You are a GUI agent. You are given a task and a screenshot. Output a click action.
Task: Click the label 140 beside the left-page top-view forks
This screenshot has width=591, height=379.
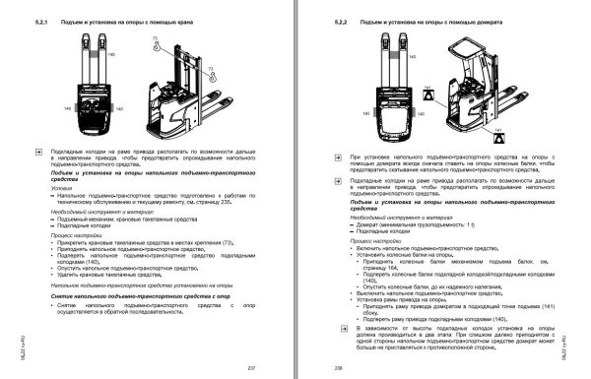(83, 56)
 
